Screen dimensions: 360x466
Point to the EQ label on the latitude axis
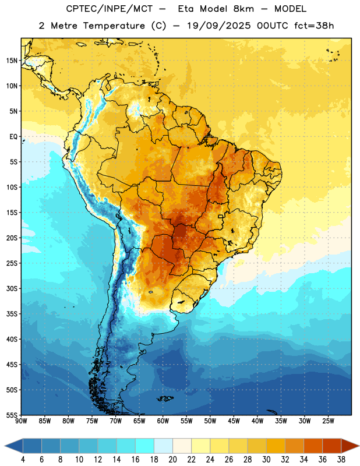13,137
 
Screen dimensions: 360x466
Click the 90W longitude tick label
21,421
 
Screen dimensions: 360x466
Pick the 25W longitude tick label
328,421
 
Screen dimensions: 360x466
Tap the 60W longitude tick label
163,421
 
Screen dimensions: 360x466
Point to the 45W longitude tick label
234,421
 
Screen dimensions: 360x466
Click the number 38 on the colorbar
341,460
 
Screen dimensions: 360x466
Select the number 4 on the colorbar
23,460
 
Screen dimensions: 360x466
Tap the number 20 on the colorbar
172,460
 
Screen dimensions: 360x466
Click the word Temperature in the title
114,26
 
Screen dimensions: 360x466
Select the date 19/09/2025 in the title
219,26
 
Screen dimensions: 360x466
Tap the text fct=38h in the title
314,26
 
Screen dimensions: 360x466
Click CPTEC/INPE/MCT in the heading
110,9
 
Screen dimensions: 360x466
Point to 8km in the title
243,9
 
